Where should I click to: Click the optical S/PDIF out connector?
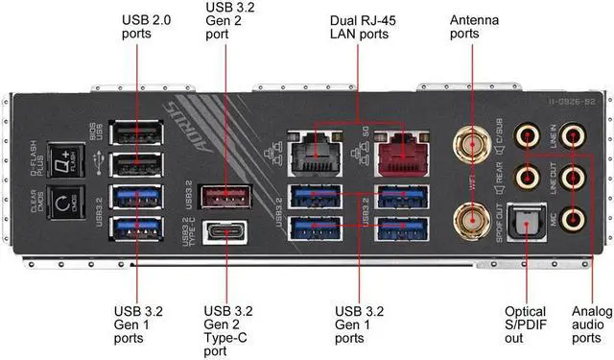[525, 219]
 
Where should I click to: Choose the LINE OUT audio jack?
[574, 178]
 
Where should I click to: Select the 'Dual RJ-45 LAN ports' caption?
[357, 28]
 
